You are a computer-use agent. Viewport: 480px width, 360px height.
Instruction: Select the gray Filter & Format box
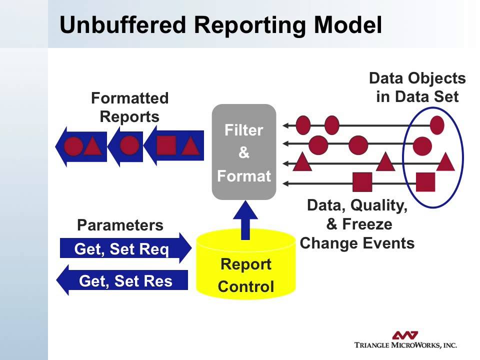click(x=244, y=152)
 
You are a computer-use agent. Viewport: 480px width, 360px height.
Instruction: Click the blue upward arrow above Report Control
click(x=245, y=220)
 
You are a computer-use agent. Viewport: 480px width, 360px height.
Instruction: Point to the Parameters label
click(x=120, y=225)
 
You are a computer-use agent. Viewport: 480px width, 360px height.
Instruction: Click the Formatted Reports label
click(x=129, y=107)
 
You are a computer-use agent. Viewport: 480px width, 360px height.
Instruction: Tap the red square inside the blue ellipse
click(x=425, y=182)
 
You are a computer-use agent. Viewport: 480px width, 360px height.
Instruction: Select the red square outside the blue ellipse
click(x=362, y=182)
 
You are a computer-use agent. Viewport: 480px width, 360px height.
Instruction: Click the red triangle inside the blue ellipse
click(x=445, y=162)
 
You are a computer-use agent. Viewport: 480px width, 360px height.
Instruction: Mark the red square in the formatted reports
click(x=166, y=145)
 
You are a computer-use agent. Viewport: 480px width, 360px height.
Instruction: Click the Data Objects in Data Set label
click(x=417, y=87)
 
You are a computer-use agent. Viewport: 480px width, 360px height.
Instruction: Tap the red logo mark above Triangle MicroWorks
click(x=405, y=334)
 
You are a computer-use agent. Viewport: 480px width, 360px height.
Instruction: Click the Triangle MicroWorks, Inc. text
click(x=405, y=345)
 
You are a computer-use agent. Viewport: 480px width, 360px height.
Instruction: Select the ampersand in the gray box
click(x=244, y=153)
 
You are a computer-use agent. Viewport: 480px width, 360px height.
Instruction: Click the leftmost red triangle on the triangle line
click(x=301, y=162)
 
